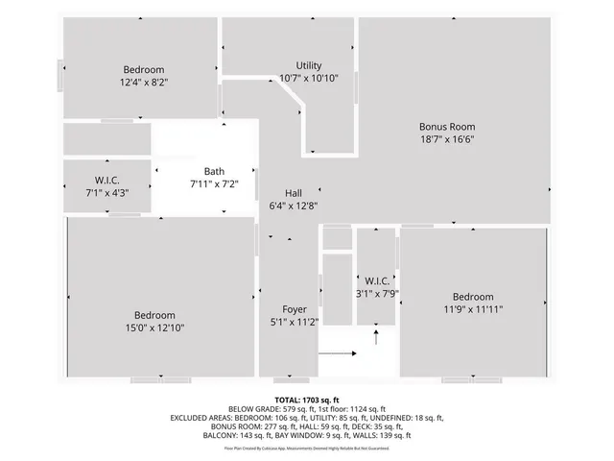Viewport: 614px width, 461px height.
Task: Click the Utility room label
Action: click(x=309, y=65)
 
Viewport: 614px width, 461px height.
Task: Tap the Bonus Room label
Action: click(x=446, y=126)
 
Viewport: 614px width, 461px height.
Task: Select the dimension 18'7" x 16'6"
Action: click(x=446, y=139)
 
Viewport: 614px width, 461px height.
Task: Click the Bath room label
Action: click(x=213, y=171)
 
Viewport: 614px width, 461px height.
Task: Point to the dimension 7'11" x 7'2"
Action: click(x=213, y=183)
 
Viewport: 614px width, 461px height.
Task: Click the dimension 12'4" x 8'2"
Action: click(x=144, y=83)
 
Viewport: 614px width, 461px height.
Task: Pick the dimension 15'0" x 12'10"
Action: click(x=154, y=328)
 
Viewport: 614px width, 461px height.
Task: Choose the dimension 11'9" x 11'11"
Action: click(x=473, y=309)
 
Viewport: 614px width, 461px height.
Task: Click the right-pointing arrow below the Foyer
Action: click(x=337, y=353)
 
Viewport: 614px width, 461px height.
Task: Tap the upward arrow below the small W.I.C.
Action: click(x=376, y=336)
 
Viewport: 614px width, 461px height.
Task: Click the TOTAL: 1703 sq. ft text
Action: click(x=306, y=399)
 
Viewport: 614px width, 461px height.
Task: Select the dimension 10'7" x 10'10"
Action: click(x=309, y=78)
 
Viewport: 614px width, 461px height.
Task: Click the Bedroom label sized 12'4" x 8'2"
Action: click(x=144, y=69)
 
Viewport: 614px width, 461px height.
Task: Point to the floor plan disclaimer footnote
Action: click(x=306, y=448)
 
